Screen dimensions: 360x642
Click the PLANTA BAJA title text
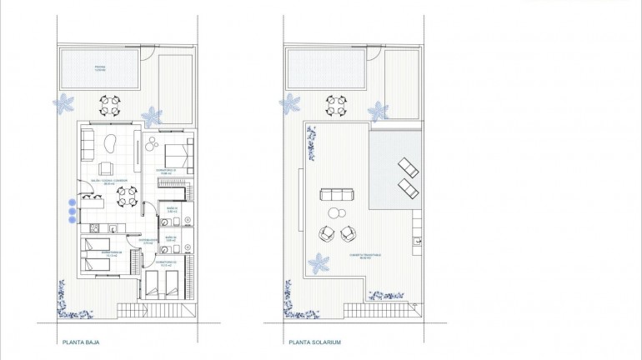(81, 342)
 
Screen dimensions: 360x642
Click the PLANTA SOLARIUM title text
(314, 342)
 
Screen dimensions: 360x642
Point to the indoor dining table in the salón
(127, 197)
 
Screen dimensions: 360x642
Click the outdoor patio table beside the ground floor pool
(111, 106)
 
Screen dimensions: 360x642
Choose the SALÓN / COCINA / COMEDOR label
(109, 181)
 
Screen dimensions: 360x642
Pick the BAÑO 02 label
(170, 239)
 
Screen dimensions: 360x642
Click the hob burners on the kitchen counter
(96, 228)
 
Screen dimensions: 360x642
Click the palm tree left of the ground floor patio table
(64, 104)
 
